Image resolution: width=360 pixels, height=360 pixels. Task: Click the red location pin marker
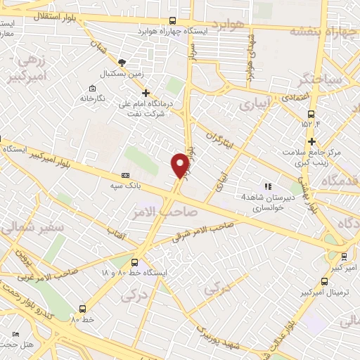coord(181,165)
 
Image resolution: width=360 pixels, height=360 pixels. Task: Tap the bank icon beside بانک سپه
coord(126,175)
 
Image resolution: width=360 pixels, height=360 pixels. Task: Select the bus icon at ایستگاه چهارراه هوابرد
coord(173,21)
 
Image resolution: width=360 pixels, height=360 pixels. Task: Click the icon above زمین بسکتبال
coord(122,63)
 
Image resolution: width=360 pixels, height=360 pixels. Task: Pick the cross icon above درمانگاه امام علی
coord(146,92)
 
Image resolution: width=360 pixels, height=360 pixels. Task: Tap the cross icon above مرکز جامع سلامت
coord(310,141)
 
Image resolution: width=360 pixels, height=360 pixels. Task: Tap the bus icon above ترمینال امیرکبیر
coord(343,257)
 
